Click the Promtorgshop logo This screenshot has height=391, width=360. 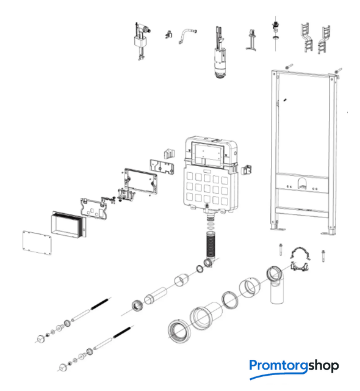tap(293, 368)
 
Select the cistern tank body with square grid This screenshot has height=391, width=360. tap(211, 175)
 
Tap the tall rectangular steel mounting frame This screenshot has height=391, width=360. tap(304, 152)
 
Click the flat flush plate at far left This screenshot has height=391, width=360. tap(37, 243)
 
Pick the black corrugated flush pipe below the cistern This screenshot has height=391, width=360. tap(211, 244)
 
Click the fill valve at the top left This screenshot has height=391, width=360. tap(142, 41)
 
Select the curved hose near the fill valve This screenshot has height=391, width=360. tap(187, 35)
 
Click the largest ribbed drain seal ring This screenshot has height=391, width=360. tap(179, 331)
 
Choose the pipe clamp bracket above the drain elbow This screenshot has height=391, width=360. tap(300, 259)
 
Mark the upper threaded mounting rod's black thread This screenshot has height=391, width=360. tap(99, 304)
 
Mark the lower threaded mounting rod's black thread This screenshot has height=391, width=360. tap(122, 332)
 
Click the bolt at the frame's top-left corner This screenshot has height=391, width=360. tap(289, 67)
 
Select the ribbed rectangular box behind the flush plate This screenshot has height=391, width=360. tap(69, 225)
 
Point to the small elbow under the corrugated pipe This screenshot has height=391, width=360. tap(208, 263)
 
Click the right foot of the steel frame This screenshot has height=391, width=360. tap(329, 233)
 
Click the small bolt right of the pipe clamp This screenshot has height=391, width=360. tap(323, 257)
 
